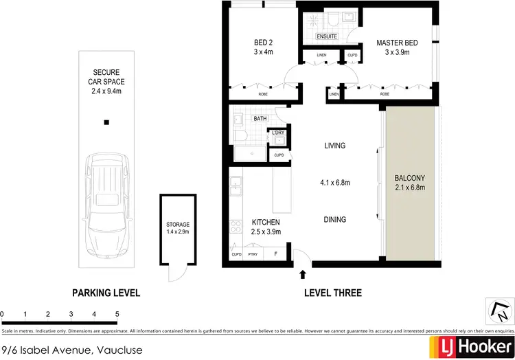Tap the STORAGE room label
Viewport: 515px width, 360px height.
click(177, 225)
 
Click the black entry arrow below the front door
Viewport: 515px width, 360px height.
click(303, 275)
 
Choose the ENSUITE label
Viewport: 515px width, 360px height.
click(326, 36)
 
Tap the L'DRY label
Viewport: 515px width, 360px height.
click(278, 133)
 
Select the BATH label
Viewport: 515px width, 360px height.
click(260, 119)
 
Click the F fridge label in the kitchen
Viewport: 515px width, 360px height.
click(276, 254)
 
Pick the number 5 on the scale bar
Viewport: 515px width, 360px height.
click(117, 315)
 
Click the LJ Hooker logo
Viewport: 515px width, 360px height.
click(470, 346)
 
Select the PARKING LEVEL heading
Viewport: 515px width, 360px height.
click(106, 293)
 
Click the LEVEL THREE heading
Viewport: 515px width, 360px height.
click(332, 293)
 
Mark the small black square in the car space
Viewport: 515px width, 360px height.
click(106, 123)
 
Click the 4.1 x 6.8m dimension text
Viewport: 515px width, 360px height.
click(335, 183)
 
